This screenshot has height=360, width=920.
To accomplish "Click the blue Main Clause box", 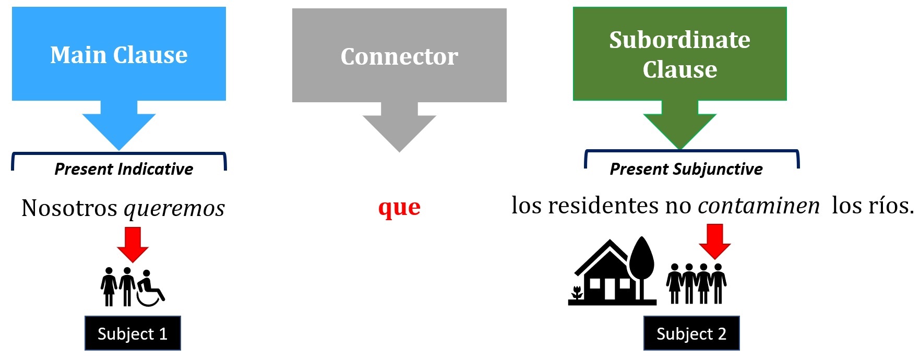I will pyautogui.click(x=119, y=54).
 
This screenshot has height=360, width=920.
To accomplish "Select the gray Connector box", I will pyautogui.click(x=399, y=55).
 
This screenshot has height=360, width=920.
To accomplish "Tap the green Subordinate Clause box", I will pyautogui.click(x=679, y=54).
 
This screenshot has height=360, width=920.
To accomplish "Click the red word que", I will pyautogui.click(x=399, y=208).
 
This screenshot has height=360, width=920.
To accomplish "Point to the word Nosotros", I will pyautogui.click(x=69, y=208).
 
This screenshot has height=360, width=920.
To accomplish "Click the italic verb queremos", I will pyautogui.click(x=174, y=209).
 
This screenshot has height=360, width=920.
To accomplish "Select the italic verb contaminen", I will pyautogui.click(x=759, y=206).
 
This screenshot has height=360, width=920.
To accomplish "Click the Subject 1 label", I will pyautogui.click(x=133, y=333).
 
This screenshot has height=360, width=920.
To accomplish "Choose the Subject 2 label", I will pyautogui.click(x=691, y=333).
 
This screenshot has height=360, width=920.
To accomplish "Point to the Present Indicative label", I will pyautogui.click(x=124, y=169).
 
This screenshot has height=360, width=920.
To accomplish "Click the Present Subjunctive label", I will pyautogui.click(x=686, y=169).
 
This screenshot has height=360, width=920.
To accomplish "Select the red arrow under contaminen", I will pyautogui.click(x=715, y=241).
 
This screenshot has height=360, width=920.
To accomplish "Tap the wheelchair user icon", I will pyautogui.click(x=150, y=288).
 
